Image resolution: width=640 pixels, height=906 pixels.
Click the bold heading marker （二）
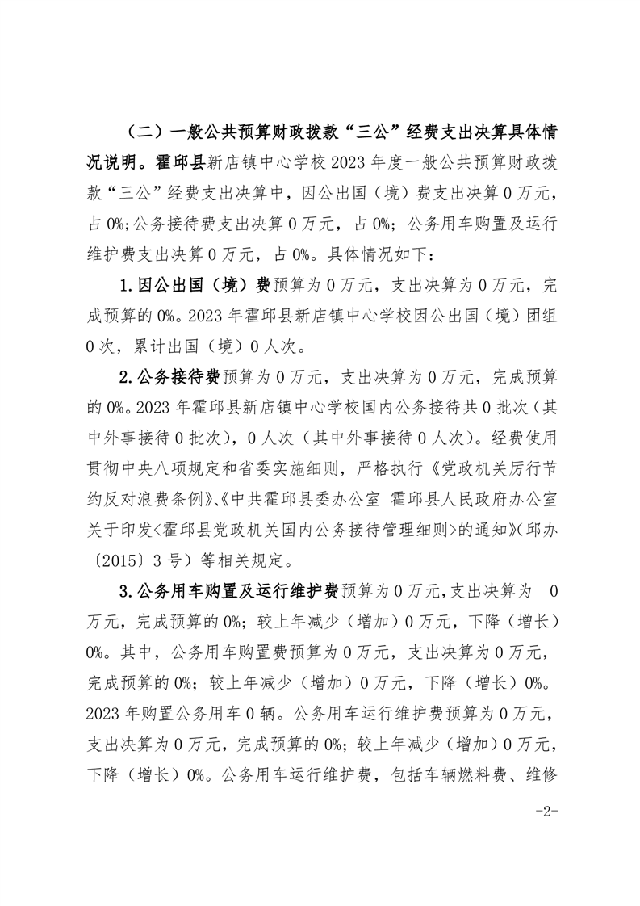pos(142,131)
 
